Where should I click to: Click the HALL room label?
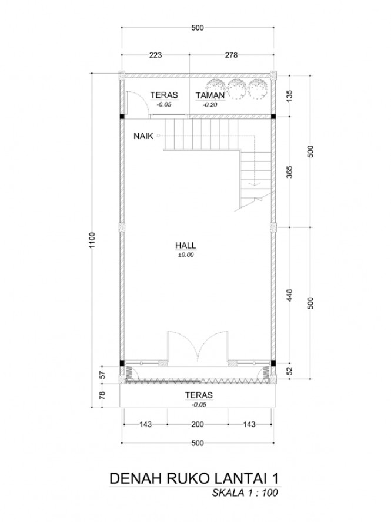(186, 245)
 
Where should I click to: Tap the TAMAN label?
(210, 95)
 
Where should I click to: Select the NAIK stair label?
(143, 136)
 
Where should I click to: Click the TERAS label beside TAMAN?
(164, 95)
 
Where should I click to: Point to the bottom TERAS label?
(199, 395)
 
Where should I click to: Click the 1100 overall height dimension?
(92, 240)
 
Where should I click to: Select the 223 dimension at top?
(155, 55)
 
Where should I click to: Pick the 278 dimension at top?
(231, 55)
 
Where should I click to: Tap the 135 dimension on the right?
(289, 96)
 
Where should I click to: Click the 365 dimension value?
(289, 172)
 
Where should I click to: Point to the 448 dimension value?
(289, 296)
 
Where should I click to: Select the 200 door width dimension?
(198, 424)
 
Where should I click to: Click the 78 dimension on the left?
(102, 395)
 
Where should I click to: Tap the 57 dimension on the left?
(102, 375)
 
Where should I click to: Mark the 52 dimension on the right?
(289, 371)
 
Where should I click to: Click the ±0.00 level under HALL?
(186, 255)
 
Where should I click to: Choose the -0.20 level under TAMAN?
(210, 105)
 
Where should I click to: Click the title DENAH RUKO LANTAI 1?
(193, 478)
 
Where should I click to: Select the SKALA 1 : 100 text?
(245, 493)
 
